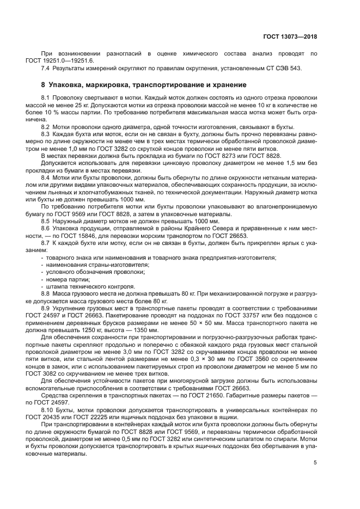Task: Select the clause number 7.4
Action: pos(46,68)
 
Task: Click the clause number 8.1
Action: pos(46,97)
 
